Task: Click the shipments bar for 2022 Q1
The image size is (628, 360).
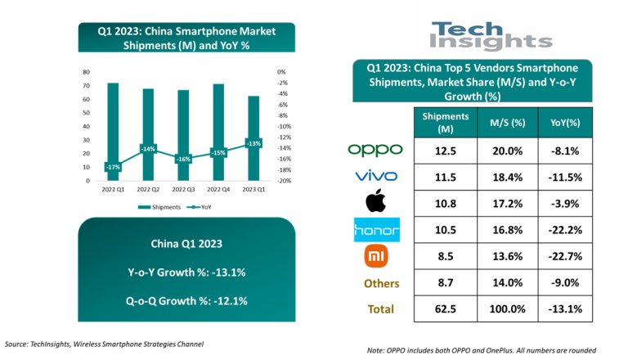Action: [x=113, y=131]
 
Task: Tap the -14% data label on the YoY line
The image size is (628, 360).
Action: [x=148, y=149]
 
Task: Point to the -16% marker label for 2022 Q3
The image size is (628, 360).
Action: [x=184, y=159]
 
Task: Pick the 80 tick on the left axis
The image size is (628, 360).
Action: [x=86, y=72]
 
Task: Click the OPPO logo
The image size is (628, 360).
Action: [x=375, y=149]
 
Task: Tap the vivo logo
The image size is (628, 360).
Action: [x=376, y=176]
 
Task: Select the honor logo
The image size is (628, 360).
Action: [x=376, y=230]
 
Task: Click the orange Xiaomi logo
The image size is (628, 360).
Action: [x=376, y=257]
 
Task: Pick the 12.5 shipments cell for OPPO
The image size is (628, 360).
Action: [x=446, y=150]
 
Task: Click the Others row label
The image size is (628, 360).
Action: [x=376, y=283]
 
